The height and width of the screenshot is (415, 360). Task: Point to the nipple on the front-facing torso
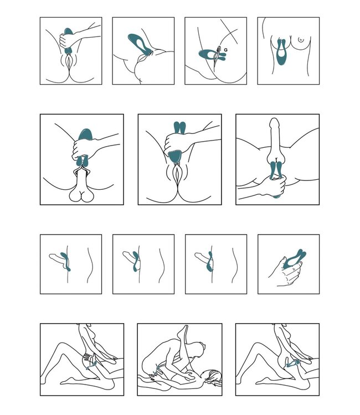pyautogui.click(x=300, y=40)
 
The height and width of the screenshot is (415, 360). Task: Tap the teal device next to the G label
pyautogui.click(x=210, y=54)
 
